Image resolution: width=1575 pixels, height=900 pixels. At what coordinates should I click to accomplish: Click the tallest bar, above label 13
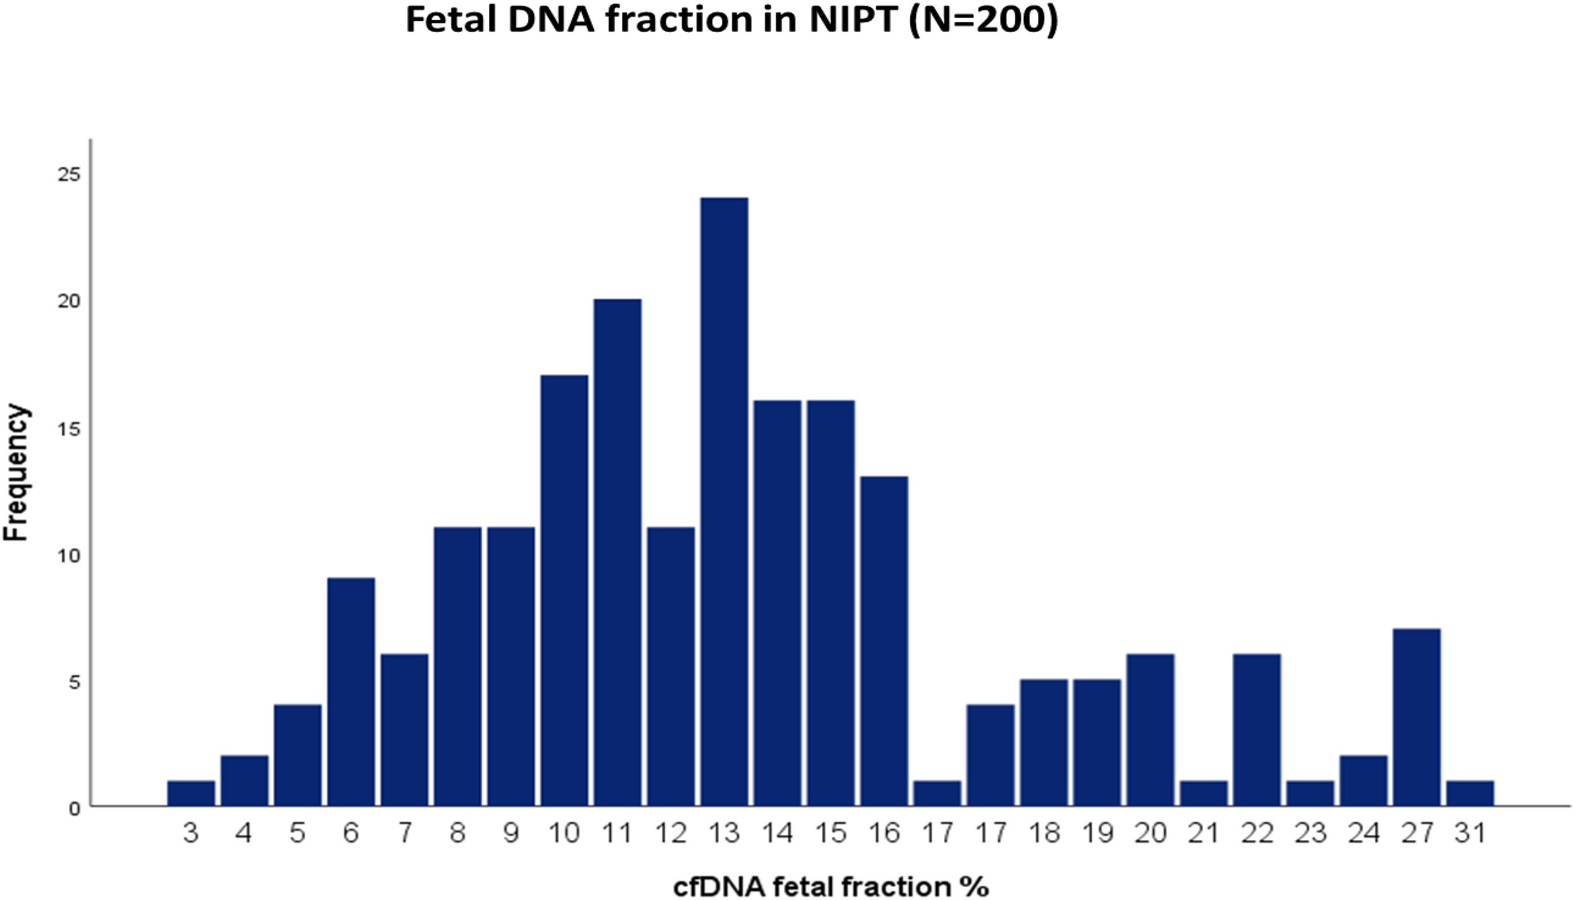click(x=724, y=502)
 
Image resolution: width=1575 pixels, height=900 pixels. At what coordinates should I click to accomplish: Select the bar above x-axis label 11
click(x=618, y=553)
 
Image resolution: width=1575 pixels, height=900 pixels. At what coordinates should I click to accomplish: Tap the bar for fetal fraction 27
click(x=1417, y=718)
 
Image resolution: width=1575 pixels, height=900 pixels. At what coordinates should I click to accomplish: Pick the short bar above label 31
click(x=1470, y=794)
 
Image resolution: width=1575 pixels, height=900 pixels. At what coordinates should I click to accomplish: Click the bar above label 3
click(x=191, y=794)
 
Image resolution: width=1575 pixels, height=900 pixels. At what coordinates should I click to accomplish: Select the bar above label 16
click(x=884, y=642)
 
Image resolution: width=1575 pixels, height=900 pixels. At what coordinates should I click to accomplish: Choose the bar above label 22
click(x=1257, y=730)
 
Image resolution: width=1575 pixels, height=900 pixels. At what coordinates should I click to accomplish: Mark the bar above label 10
click(x=564, y=591)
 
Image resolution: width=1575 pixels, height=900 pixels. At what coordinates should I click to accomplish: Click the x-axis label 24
click(x=1364, y=834)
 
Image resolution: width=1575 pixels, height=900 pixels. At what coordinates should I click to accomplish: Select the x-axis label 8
click(x=458, y=834)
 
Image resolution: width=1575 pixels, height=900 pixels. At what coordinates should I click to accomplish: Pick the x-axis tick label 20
click(x=1150, y=834)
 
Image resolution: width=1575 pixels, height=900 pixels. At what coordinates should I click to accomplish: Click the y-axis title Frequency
click(x=17, y=473)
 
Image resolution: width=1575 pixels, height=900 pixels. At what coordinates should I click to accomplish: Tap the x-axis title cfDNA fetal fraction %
click(x=831, y=886)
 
